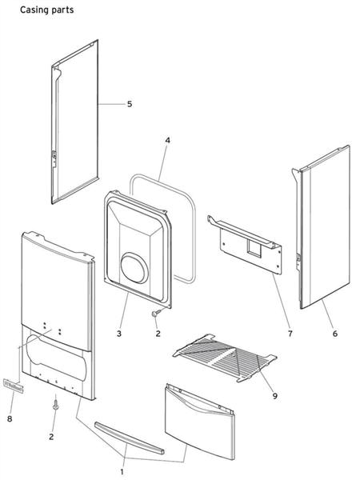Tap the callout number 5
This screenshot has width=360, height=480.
130,104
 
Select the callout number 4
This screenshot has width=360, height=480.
167,141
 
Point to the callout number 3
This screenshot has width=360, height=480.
119,332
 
